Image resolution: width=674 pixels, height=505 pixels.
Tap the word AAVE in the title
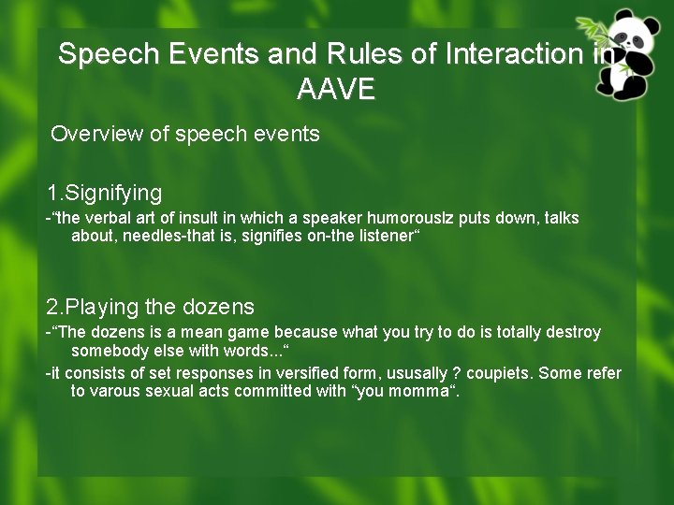point(336,90)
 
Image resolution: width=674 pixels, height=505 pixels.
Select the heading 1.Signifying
point(105,194)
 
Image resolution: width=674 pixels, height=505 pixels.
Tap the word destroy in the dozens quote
point(573,332)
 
